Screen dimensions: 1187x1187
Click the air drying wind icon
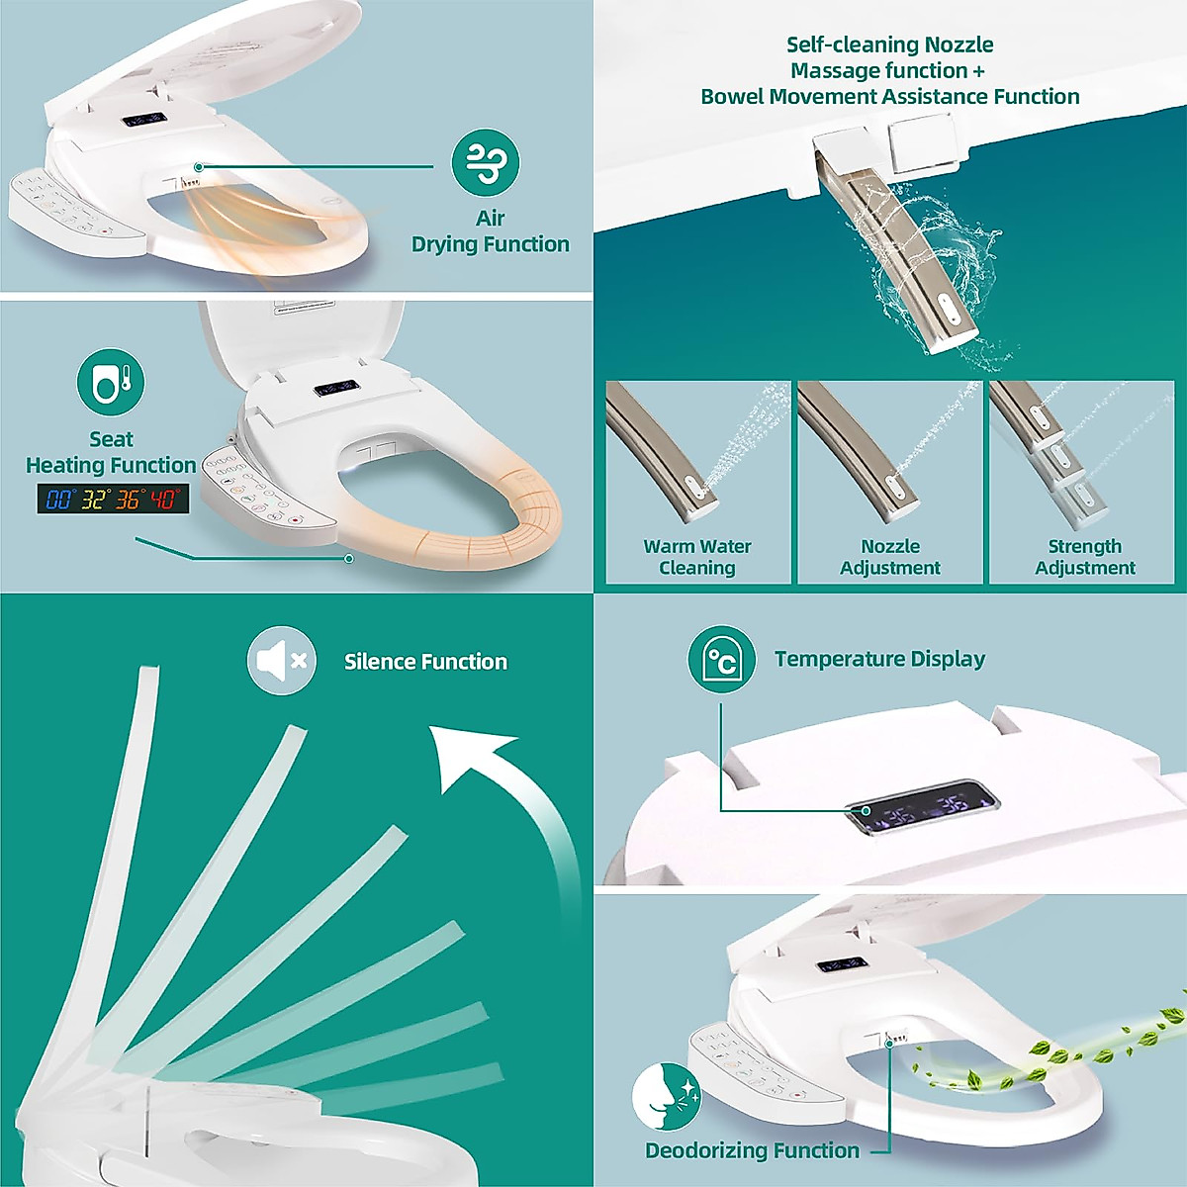485,162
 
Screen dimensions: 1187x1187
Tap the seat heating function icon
111,382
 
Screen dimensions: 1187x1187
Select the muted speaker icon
282,660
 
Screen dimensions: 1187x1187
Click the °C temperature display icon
721,659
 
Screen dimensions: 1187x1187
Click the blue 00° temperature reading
60,499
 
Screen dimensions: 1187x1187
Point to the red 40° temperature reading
163,499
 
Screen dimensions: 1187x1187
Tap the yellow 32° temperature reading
95,499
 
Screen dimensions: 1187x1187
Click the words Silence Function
425,662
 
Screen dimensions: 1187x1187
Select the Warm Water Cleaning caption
697,557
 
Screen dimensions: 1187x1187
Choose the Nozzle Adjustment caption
890,557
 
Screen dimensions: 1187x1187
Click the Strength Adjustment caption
1085,557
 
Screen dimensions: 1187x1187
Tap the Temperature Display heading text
879,659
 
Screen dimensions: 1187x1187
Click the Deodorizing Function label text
752,1150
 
